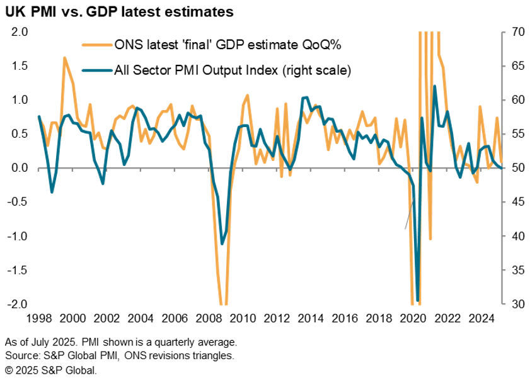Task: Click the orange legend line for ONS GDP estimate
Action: [x=96, y=45]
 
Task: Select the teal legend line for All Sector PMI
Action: [x=96, y=70]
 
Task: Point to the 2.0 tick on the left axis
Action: [x=20, y=32]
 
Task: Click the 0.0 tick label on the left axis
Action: [x=20, y=168]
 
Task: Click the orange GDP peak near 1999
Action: [x=64, y=58]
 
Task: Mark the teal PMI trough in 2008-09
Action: [x=222, y=244]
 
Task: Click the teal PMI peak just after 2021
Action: [x=435, y=86]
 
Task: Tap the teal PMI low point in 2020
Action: [x=418, y=301]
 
